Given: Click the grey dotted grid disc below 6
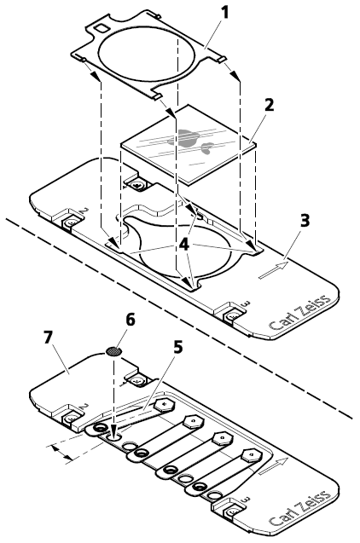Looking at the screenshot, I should [x=113, y=350].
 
